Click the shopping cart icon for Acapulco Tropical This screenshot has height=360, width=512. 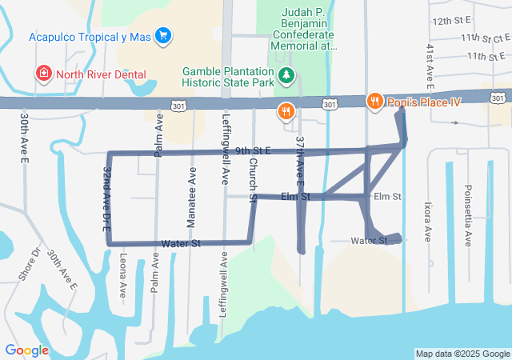pyautogui.click(x=163, y=35)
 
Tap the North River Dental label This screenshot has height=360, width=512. pyautogui.click(x=101, y=74)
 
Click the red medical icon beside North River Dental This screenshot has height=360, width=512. pyautogui.click(x=42, y=74)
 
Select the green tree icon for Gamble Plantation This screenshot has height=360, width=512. pyautogui.click(x=286, y=75)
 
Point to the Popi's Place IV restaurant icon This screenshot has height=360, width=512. pyautogui.click(x=374, y=101)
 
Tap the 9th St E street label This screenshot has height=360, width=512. pyautogui.click(x=254, y=150)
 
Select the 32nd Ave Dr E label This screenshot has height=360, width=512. pyautogui.click(x=106, y=199)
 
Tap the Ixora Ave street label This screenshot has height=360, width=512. pyautogui.click(x=427, y=222)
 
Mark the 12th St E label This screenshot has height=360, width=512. pyautogui.click(x=453, y=20)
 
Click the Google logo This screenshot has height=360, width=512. pyautogui.click(x=26, y=350)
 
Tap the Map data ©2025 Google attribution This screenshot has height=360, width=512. pyautogui.click(x=462, y=354)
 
